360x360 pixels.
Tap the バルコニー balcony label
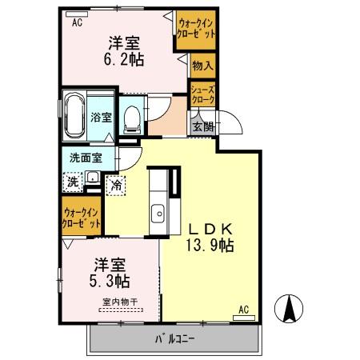pos(174,338)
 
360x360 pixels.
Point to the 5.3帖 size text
pos(110,281)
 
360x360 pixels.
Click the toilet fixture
pos(134,119)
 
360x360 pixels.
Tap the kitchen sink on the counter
pos(158,214)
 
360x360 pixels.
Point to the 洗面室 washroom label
pos(84,158)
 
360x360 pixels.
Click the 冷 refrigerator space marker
pos(117,186)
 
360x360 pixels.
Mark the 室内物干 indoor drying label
pos(119,302)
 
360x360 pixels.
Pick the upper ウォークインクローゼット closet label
pos(196,29)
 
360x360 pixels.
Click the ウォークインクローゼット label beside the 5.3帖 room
pos(82,218)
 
